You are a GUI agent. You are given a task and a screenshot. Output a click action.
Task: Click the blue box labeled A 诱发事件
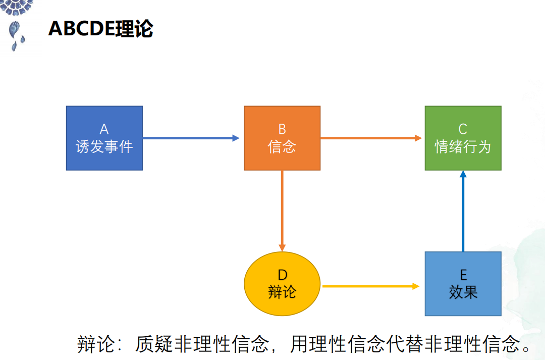[x=104, y=138]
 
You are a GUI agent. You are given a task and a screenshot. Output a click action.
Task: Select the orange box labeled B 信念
[x=282, y=138]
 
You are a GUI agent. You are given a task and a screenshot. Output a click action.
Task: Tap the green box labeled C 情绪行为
[x=463, y=138]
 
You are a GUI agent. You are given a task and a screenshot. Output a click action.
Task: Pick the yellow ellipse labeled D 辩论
[x=282, y=284]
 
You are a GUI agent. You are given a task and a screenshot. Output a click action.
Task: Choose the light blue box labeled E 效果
[x=463, y=284]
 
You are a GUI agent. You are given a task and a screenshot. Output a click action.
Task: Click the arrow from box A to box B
[x=191, y=138]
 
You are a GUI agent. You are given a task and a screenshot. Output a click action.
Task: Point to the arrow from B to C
[x=371, y=138]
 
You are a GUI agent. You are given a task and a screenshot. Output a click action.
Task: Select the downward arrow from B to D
[x=282, y=211]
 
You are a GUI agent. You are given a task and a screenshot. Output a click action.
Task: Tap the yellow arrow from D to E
[x=371, y=286]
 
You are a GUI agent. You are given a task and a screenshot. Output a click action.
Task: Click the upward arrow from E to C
[x=463, y=211]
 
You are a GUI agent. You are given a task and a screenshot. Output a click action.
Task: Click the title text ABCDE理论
[x=101, y=28]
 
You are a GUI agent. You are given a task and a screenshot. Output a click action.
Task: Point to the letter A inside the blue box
[x=104, y=129]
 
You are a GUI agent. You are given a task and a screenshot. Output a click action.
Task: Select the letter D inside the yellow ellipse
[x=283, y=275]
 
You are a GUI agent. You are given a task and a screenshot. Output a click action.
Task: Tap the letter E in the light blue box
[x=463, y=275]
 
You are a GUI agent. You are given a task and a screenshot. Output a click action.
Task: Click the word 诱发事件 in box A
[x=104, y=147]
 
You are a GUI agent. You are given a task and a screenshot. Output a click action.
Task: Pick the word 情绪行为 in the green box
[x=463, y=147]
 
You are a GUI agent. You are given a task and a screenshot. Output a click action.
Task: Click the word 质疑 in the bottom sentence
[x=153, y=344]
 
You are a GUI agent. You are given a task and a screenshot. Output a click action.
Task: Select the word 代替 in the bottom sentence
[x=405, y=344]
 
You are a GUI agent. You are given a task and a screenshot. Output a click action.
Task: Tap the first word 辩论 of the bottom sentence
[x=96, y=344]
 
